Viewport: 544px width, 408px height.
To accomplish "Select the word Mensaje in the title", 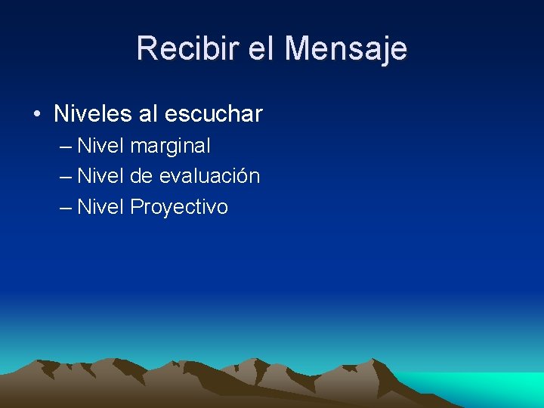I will click(346, 49).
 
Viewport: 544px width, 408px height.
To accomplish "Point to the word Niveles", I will click(93, 114).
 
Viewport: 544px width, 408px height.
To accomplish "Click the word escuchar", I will click(213, 114).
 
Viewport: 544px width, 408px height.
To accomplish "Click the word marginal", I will click(170, 146).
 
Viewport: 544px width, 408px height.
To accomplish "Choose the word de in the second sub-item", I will click(141, 176).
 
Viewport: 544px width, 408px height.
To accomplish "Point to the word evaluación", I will click(209, 176).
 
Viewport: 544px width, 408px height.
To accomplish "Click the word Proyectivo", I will click(179, 207).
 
